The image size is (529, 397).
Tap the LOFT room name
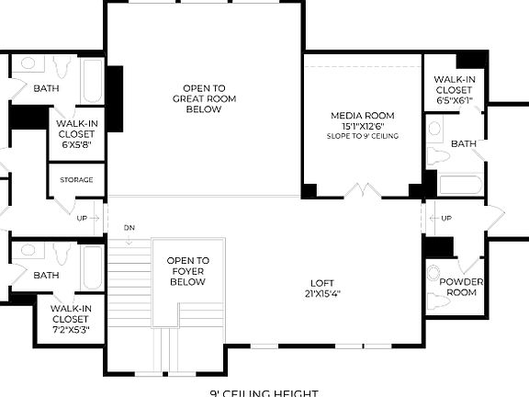[322, 283]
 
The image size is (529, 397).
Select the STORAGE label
[76, 179]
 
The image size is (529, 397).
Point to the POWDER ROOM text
[461, 287]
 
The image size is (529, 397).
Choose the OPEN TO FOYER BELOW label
[188, 271]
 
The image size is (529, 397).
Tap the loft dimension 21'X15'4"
[322, 294]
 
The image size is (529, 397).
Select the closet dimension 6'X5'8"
[76, 144]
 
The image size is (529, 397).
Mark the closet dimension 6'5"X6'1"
[454, 101]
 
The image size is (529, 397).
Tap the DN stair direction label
[129, 226]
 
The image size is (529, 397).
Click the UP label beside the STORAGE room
[82, 218]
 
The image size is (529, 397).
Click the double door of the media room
[362, 191]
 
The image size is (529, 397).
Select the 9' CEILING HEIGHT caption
[264, 392]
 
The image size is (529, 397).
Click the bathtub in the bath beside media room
[459, 184]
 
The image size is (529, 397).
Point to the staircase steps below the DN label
[129, 285]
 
